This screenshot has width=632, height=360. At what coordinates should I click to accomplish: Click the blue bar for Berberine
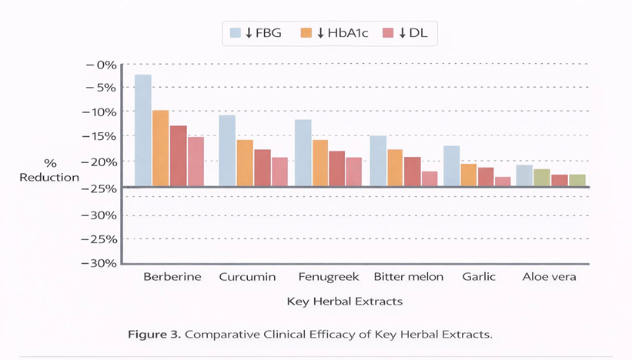pyautogui.click(x=143, y=130)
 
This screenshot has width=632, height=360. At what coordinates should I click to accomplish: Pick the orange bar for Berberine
pyautogui.click(x=160, y=148)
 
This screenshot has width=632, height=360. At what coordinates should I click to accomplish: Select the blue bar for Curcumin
pyautogui.click(x=227, y=150)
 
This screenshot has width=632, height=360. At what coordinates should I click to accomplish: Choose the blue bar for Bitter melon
pyautogui.click(x=378, y=161)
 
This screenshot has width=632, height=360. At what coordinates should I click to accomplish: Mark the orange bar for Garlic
pyautogui.click(x=468, y=175)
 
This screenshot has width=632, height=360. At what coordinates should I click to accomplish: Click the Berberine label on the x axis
pyautogui.click(x=172, y=277)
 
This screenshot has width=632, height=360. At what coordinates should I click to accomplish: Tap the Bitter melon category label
pyautogui.click(x=408, y=277)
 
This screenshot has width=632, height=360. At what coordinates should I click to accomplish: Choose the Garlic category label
pyautogui.click(x=479, y=277)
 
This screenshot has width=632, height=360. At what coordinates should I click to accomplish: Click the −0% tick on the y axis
pyautogui.click(x=100, y=65)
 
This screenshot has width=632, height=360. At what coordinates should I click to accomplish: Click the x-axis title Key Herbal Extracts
pyautogui.click(x=344, y=302)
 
